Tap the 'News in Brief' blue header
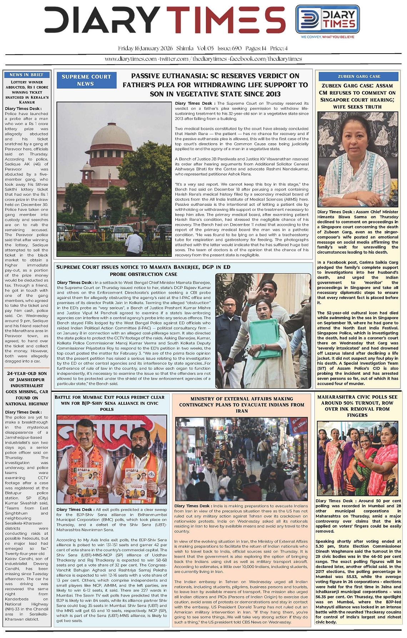(x=26, y=75)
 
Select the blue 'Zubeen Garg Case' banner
(x=359, y=76)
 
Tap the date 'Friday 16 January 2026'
(x=145, y=49)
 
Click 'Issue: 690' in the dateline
(x=230, y=49)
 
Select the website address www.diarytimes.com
(x=131, y=59)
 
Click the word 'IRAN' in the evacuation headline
(x=242, y=411)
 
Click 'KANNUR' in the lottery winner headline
(x=27, y=102)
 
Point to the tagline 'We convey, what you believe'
(x=327, y=37)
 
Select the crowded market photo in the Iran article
(x=242, y=459)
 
